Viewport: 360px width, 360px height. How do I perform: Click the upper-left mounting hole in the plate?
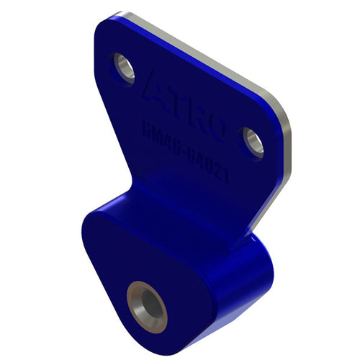[x=125, y=68]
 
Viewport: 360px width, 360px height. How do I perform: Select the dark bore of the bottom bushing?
[x=148, y=303]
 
